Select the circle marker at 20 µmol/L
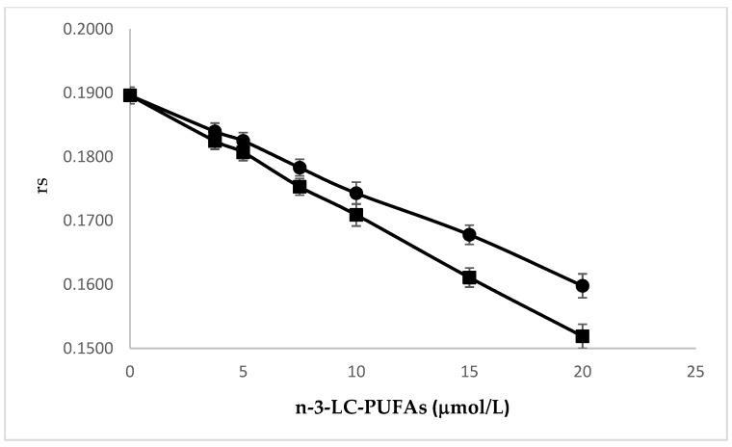pyautogui.click(x=582, y=286)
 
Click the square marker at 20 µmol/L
pyautogui.click(x=582, y=336)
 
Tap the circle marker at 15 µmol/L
pyautogui.click(x=469, y=234)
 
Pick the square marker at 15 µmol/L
pyautogui.click(x=469, y=277)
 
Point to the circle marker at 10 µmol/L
pyautogui.click(x=356, y=193)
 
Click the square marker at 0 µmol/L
pyautogui.click(x=130, y=94)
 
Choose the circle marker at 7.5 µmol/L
pyautogui.click(x=300, y=168)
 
